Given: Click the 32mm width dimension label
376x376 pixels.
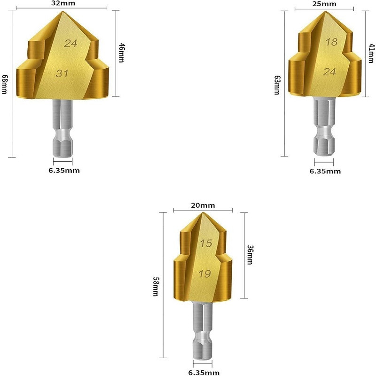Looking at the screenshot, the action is tap(63, 3).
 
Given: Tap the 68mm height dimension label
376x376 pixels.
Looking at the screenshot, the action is tap(5, 84).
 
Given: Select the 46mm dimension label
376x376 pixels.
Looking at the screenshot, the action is tap(122, 53).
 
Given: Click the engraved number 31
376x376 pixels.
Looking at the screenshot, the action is tap(62, 73).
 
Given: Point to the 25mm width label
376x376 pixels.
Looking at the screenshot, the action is tap(324, 4).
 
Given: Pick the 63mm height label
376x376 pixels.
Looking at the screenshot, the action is tap(277, 85).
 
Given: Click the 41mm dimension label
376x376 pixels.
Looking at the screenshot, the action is tap(371, 53).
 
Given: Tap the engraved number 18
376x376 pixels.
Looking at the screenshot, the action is tap(331, 42).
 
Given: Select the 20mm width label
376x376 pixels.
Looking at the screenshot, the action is tap(203, 205).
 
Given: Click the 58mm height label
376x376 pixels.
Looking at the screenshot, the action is tap(156, 287).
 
